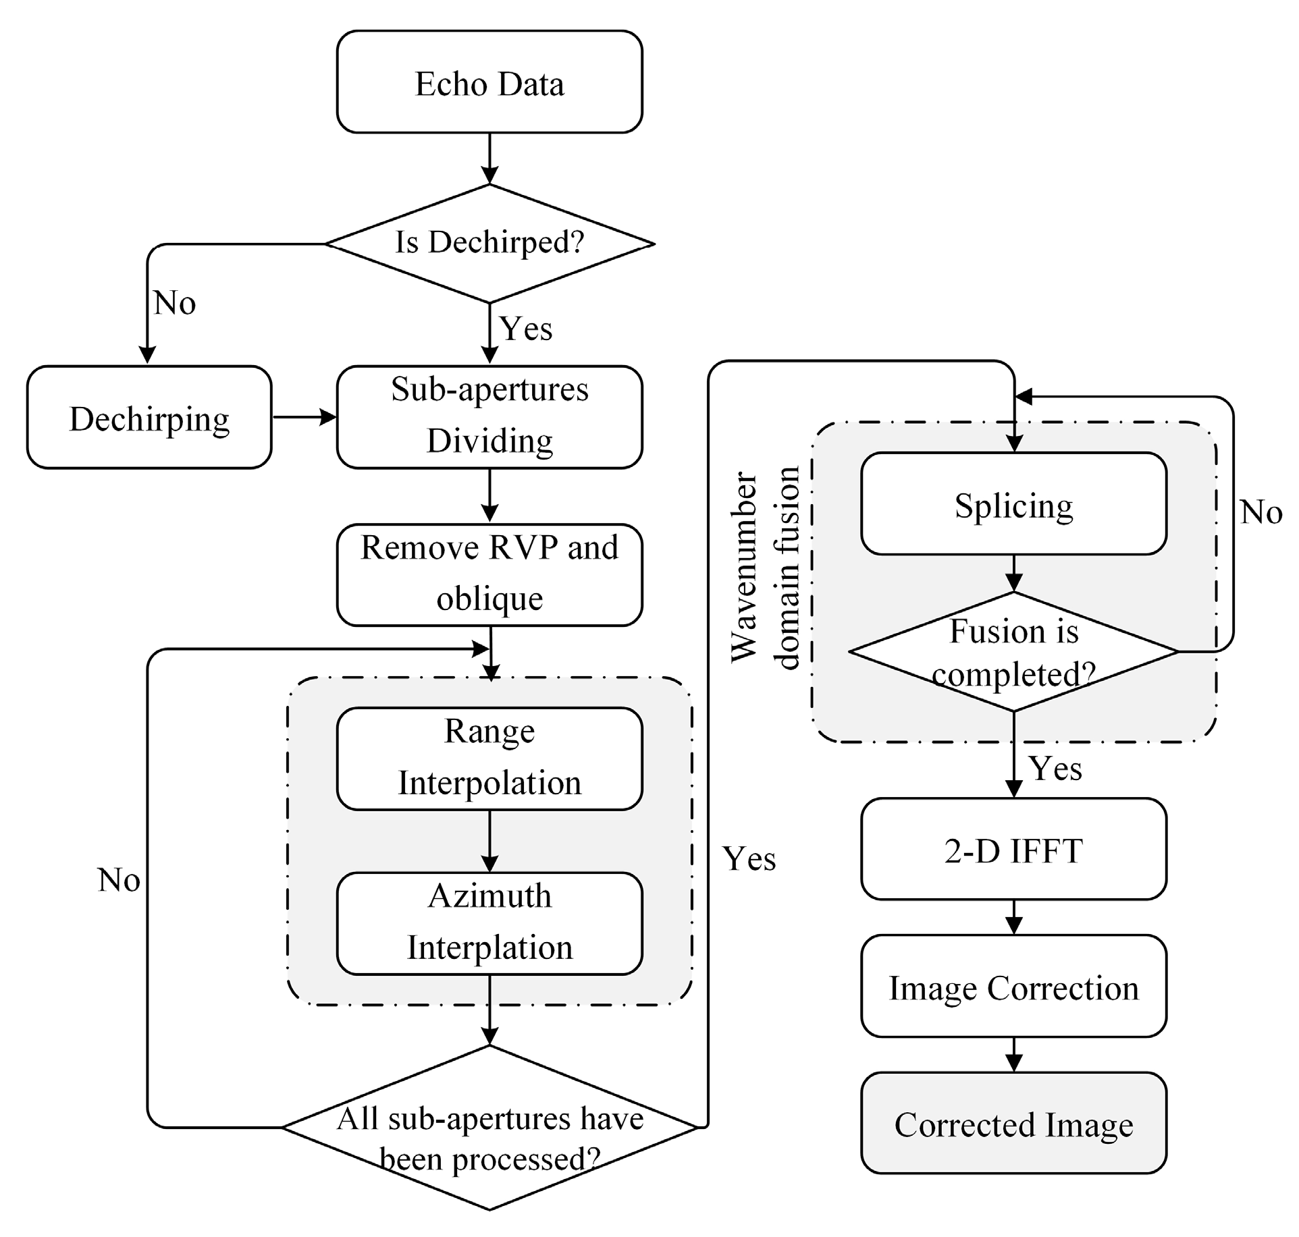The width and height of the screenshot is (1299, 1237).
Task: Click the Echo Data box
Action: tap(489, 82)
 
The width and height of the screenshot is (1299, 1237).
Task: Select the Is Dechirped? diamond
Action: tap(489, 243)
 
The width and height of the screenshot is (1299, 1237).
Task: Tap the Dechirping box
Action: tap(149, 418)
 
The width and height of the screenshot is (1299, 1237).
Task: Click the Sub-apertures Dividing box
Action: tap(489, 416)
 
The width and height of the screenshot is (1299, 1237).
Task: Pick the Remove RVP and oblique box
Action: tap(489, 574)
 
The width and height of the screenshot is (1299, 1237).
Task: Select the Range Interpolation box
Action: tap(489, 758)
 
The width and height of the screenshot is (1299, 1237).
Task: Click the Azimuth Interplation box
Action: tap(489, 923)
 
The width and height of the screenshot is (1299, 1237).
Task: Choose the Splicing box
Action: tap(1013, 504)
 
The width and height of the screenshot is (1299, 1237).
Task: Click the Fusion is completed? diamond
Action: tap(1013, 652)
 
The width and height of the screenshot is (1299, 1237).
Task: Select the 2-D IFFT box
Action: tap(1013, 849)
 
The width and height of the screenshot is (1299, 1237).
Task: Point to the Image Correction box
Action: tap(1013, 987)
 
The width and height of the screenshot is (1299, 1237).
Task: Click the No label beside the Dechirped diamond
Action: tap(175, 303)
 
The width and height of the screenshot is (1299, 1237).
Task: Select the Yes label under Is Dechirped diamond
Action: tap(526, 329)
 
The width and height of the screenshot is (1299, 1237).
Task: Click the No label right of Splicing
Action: tap(1261, 512)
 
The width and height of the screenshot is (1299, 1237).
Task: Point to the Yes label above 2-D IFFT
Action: tap(1055, 769)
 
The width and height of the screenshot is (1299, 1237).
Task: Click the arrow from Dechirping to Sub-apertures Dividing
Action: tap(304, 417)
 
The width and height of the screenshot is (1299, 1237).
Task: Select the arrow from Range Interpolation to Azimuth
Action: tap(489, 841)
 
